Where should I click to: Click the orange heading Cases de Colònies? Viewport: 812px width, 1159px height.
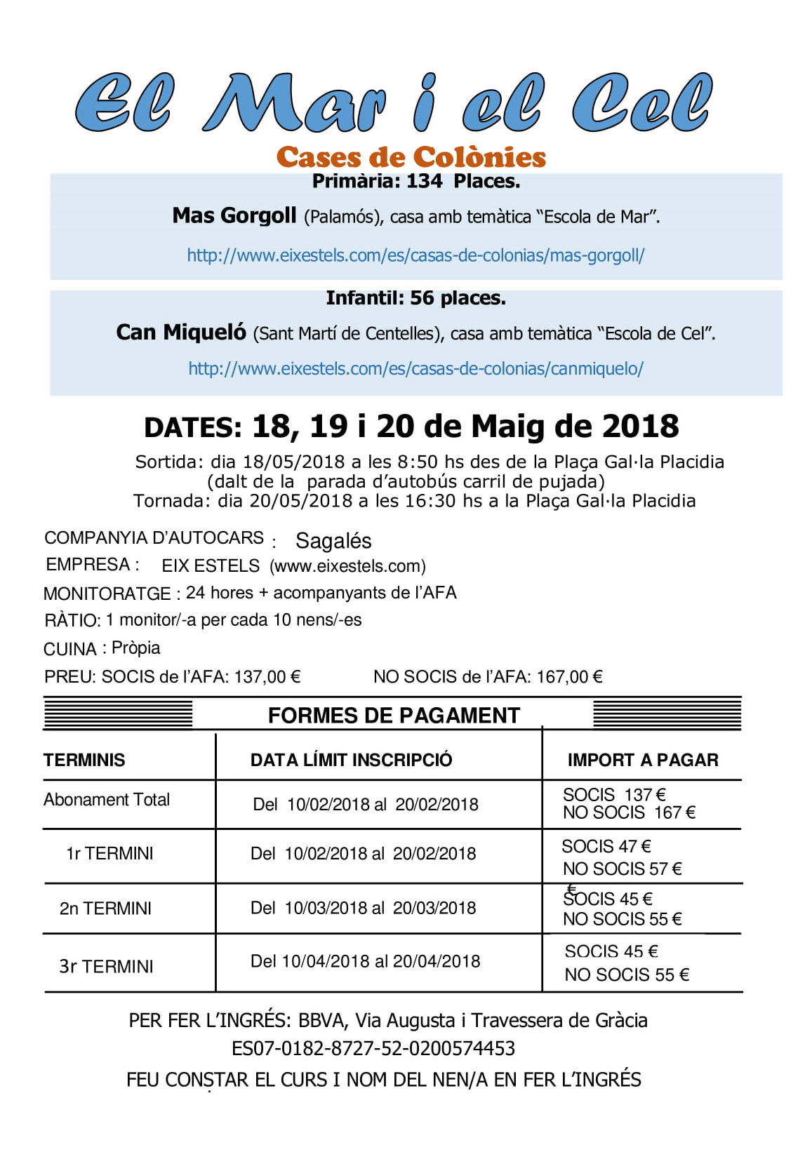(411, 157)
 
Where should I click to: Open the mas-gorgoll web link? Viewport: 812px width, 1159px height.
(415, 255)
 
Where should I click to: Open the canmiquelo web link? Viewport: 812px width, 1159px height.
(415, 368)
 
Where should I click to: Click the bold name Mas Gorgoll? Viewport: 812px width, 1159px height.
(234, 215)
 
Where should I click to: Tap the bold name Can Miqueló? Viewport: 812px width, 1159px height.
(181, 332)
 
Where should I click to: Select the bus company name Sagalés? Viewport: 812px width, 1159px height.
(333, 541)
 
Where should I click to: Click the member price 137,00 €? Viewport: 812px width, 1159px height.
(267, 677)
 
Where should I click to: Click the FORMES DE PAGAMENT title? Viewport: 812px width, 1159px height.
(394, 716)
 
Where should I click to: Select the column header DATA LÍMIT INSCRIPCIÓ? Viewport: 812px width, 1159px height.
(351, 760)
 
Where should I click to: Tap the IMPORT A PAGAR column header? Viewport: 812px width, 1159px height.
(643, 760)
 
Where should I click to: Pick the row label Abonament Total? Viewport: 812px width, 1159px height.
(107, 800)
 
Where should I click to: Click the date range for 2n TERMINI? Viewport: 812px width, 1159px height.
(363, 908)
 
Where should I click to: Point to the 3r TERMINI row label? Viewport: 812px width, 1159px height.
(106, 966)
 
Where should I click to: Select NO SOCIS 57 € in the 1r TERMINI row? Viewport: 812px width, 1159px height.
(622, 869)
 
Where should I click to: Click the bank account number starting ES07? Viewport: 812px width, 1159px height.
(373, 1048)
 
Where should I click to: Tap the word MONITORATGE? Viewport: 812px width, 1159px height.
(107, 594)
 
